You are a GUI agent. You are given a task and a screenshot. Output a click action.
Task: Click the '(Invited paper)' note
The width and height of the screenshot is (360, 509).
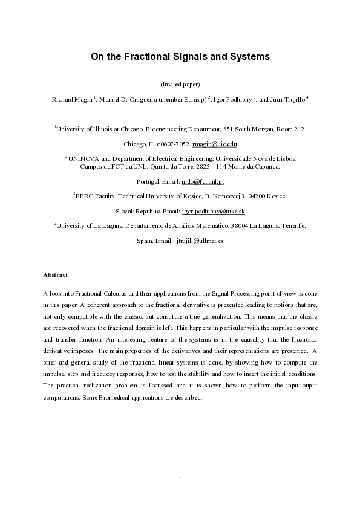180,84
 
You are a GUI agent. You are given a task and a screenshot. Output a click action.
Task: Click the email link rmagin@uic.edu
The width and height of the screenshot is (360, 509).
214,144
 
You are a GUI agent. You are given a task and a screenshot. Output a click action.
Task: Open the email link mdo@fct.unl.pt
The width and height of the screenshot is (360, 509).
203,181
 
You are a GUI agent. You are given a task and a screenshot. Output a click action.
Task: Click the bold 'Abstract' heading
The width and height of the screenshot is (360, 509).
55,274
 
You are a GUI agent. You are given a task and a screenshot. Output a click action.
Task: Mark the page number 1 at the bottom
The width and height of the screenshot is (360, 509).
180,479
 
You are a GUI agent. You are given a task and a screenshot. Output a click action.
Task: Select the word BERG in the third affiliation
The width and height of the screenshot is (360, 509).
84,196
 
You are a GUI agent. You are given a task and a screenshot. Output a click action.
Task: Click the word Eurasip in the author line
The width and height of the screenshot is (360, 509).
191,99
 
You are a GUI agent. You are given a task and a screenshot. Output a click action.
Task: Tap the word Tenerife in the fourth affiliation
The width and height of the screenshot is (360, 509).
292,225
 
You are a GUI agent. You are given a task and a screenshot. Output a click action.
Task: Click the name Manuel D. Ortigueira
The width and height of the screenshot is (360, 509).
127,99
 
